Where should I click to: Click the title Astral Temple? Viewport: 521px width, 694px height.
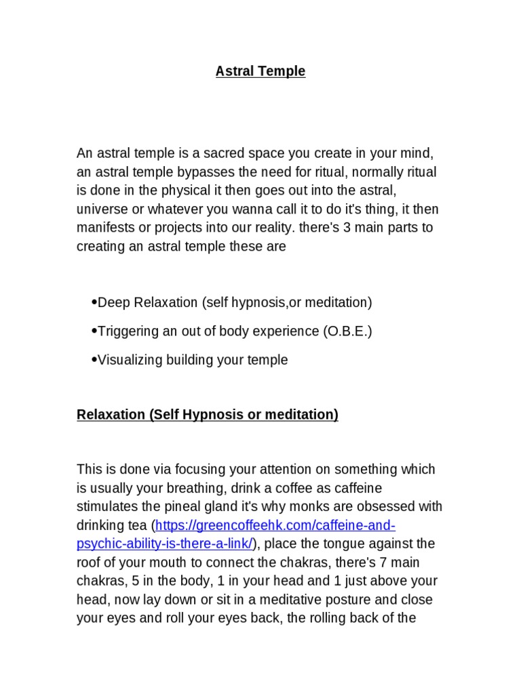tap(260, 71)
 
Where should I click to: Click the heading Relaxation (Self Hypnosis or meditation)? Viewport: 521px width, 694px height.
tap(208, 414)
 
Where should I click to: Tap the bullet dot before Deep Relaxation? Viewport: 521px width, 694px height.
tap(94, 302)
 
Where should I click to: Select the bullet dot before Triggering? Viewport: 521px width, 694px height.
tap(94, 331)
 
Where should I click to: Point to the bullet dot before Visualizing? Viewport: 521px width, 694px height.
tap(94, 360)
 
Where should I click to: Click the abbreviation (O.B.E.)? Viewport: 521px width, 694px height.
tap(347, 331)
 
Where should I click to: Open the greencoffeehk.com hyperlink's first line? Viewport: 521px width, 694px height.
tap(275, 525)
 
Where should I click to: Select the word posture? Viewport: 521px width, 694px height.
tap(348, 600)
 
